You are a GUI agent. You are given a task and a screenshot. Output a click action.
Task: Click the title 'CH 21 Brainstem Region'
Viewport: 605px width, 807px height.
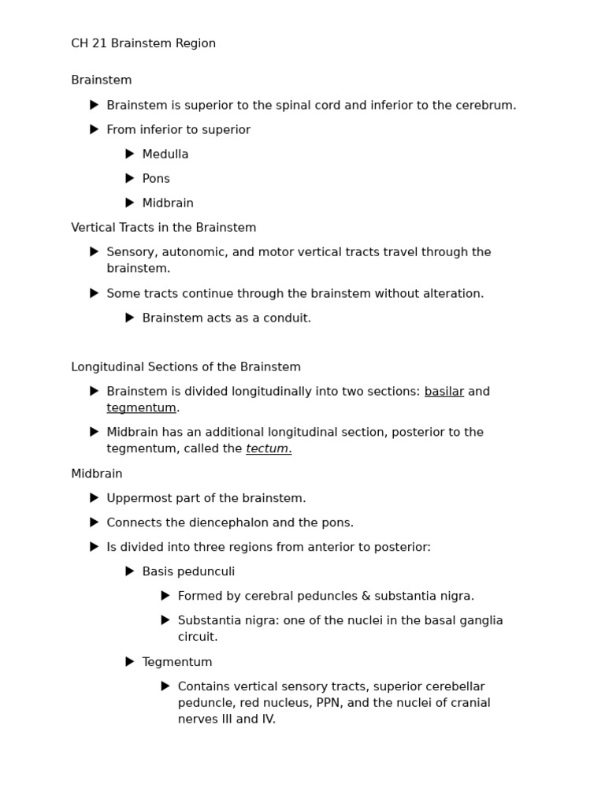tap(143, 43)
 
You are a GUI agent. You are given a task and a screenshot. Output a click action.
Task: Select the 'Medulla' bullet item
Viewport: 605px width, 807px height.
tap(165, 154)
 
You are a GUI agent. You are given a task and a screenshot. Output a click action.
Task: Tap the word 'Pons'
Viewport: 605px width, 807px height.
tap(156, 179)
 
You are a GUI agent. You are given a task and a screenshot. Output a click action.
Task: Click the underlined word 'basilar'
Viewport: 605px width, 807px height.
tap(444, 392)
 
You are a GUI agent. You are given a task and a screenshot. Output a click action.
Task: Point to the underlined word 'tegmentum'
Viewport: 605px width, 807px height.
tap(142, 408)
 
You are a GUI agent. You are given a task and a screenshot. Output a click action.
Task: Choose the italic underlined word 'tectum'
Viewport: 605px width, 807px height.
tap(267, 449)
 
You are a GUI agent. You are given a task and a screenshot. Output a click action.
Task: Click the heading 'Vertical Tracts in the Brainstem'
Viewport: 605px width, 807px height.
tap(164, 228)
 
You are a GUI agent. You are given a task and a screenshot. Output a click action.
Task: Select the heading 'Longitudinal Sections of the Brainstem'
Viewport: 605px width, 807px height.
tap(186, 367)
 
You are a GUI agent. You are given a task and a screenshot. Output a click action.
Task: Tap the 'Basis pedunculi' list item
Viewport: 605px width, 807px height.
tap(188, 572)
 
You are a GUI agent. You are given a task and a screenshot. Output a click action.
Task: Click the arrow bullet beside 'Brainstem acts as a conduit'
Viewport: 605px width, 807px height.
tap(130, 318)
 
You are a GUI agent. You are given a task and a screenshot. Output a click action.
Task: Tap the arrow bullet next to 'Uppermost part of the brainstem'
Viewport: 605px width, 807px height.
tap(95, 498)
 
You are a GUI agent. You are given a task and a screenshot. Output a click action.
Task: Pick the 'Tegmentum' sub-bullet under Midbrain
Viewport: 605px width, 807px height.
tap(177, 663)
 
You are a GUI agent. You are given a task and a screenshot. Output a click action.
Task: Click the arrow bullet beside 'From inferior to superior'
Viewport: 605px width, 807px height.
tap(95, 129)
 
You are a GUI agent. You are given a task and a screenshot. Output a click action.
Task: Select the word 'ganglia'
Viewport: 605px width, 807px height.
tap(480, 621)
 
